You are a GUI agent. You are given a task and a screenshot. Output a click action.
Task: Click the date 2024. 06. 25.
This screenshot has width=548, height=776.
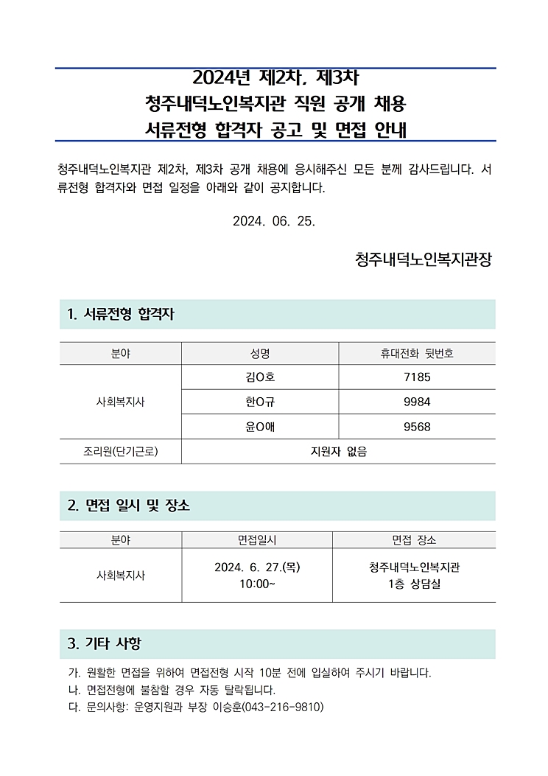[274, 221]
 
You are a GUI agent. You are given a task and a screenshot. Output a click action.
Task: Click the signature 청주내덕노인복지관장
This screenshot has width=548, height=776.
[423, 260]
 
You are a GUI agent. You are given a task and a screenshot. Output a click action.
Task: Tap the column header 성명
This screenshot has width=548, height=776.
[260, 354]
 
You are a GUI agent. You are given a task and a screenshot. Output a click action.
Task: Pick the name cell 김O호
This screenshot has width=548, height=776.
[260, 377]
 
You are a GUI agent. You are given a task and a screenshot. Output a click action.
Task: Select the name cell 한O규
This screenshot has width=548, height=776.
[260, 402]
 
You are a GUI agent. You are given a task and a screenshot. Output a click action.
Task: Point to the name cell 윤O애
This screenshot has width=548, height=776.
[260, 427]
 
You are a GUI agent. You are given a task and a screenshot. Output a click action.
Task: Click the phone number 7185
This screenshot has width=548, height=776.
[417, 377]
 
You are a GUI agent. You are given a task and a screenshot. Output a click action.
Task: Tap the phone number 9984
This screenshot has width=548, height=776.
[417, 402]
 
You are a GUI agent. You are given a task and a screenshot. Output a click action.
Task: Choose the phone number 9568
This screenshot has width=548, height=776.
[417, 427]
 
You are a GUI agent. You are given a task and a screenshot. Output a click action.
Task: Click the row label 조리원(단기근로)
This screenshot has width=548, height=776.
[121, 452]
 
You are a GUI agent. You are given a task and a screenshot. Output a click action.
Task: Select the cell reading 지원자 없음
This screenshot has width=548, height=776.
[339, 452]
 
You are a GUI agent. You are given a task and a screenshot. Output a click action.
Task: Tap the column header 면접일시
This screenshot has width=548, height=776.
[257, 540]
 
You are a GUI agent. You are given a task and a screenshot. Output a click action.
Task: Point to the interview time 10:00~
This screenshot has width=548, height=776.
[257, 584]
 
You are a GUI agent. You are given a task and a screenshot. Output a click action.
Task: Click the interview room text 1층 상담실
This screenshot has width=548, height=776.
[414, 584]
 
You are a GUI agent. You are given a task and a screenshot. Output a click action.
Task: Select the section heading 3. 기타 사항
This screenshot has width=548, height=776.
[104, 643]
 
